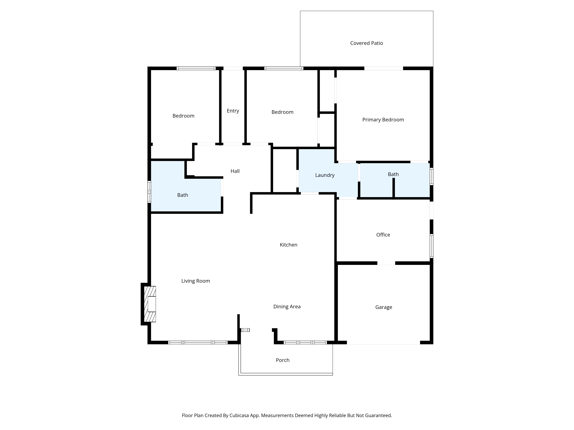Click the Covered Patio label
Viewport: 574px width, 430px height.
[x=366, y=43]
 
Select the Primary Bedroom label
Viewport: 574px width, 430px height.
[x=383, y=120]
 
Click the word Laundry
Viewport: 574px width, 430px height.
[x=325, y=175]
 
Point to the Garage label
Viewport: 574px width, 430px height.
[x=384, y=307]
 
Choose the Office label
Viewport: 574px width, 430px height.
[x=383, y=235]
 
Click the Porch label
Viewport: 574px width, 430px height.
[x=283, y=360]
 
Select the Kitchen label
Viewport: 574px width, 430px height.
[x=288, y=245]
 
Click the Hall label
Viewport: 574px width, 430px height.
[x=235, y=171]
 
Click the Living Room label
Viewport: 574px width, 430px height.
[x=195, y=281]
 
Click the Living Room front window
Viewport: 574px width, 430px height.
[x=198, y=342]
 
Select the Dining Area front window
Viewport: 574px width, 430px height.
[x=305, y=342]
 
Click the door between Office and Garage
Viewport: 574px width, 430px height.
[x=386, y=263]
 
